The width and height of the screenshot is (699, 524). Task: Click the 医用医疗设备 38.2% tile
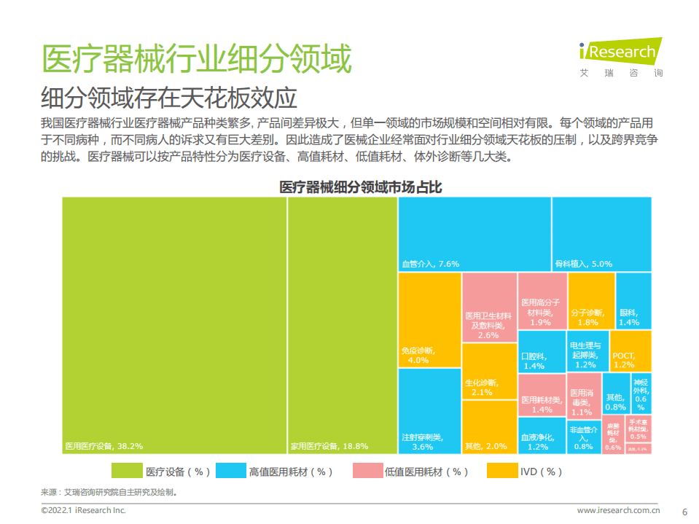pyautogui.click(x=173, y=324)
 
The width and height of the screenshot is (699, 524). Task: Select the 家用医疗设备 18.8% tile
pyautogui.click(x=343, y=324)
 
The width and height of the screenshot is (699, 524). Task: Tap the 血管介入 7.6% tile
pyautogui.click(x=475, y=234)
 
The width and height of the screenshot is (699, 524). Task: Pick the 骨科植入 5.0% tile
pyautogui.click(x=601, y=234)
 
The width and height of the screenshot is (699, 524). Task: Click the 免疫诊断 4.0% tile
pyautogui.click(x=429, y=320)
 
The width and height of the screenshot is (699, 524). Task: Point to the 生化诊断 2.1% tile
pyautogui.click(x=489, y=371)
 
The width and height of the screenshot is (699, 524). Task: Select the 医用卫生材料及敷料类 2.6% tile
pyautogui.click(x=489, y=307)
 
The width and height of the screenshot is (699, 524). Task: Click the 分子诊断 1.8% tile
pyautogui.click(x=590, y=300)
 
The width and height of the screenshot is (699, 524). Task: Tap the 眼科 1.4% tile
pyautogui.click(x=633, y=300)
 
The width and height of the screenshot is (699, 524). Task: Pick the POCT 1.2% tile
pyautogui.click(x=630, y=351)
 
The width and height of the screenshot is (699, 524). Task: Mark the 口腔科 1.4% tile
pyautogui.click(x=542, y=351)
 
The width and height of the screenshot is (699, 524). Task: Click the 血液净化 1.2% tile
pyautogui.click(x=542, y=436)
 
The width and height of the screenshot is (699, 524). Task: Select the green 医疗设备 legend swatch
pyautogui.click(x=125, y=472)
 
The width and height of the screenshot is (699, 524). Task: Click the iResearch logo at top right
pyautogui.click(x=620, y=55)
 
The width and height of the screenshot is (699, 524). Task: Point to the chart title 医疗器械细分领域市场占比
pyautogui.click(x=360, y=187)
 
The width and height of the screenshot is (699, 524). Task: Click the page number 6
pyautogui.click(x=684, y=511)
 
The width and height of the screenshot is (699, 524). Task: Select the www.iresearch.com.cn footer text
pyautogui.click(x=618, y=511)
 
